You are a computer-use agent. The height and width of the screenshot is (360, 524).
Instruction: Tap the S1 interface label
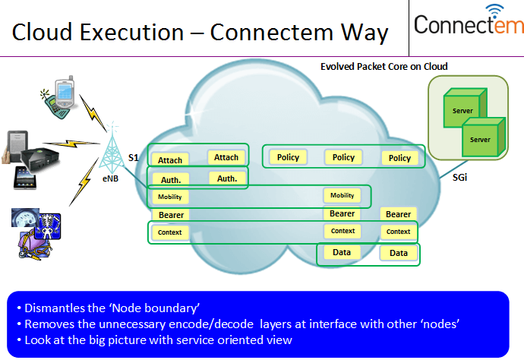133,158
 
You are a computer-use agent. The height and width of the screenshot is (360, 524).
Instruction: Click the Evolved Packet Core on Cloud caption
384,67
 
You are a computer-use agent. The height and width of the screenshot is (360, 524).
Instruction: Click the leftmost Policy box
288,157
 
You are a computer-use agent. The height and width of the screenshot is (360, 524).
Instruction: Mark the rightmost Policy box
399,158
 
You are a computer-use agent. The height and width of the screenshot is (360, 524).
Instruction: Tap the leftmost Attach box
170,160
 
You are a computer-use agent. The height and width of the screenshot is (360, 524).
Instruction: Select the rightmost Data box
399,253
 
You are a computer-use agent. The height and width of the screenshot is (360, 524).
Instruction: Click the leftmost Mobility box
170,197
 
